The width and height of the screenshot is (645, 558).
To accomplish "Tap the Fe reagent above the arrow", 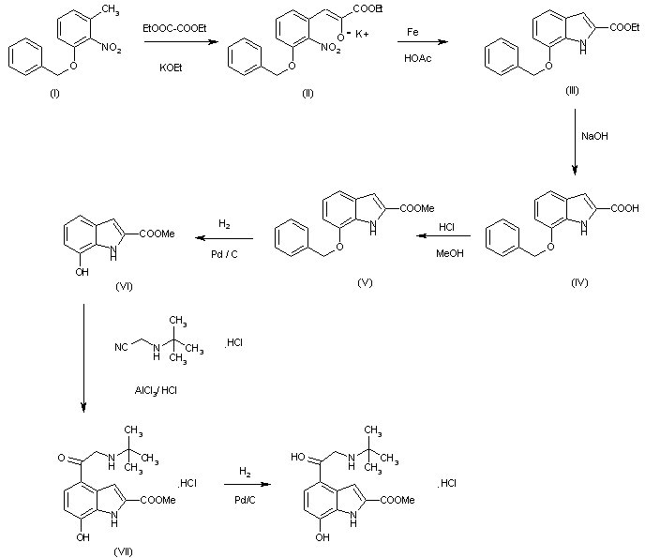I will (412, 31).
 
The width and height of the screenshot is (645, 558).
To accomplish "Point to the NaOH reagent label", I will (594, 136).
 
